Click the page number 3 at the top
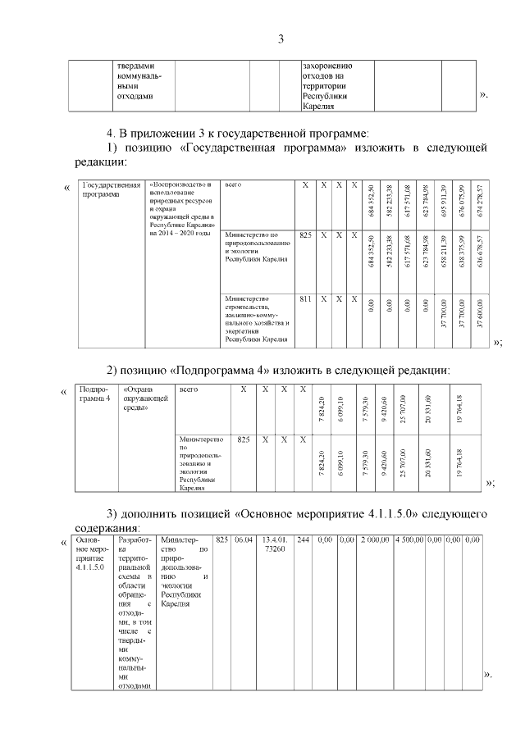click(x=281, y=39)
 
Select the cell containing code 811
click(x=305, y=299)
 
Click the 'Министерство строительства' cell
click(x=258, y=318)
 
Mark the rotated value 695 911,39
click(x=444, y=200)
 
